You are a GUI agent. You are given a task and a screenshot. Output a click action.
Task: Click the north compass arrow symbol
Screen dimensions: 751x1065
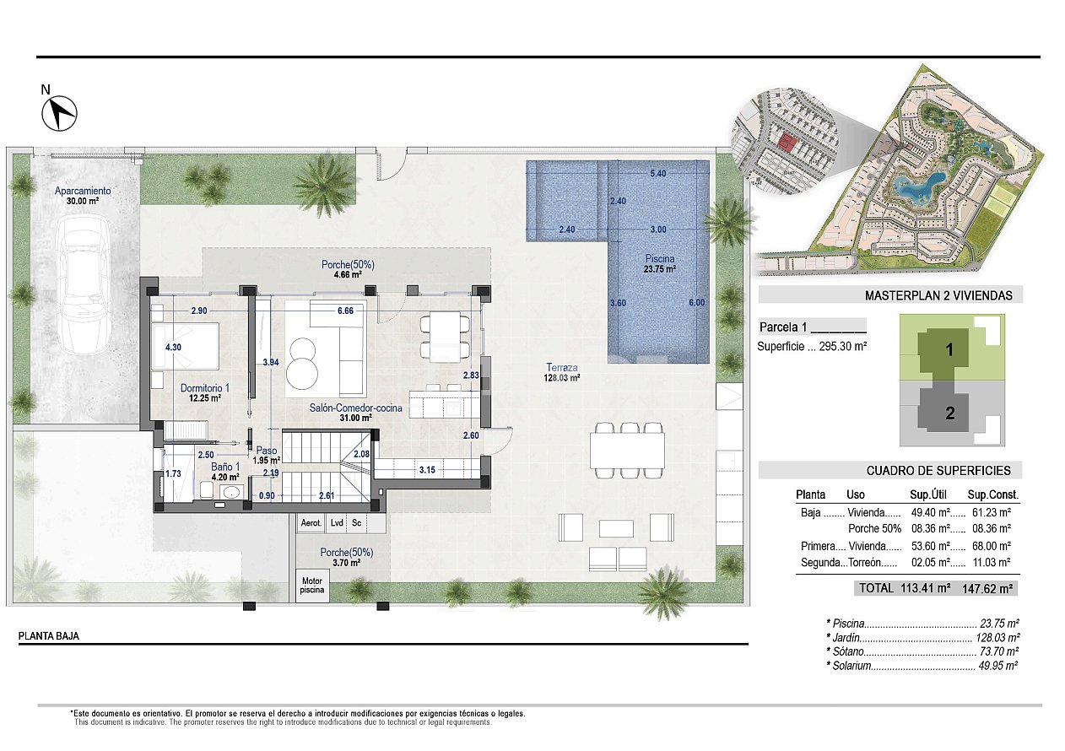click(59, 113)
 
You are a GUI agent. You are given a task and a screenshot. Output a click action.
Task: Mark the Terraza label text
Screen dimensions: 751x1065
click(561, 367)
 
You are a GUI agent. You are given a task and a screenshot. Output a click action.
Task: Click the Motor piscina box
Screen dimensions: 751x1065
click(312, 585)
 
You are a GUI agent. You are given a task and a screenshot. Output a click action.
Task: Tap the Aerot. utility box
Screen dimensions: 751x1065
click(311, 523)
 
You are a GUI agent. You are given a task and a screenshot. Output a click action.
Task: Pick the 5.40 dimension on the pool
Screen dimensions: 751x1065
click(658, 174)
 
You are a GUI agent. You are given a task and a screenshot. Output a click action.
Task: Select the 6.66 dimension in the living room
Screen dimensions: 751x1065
click(344, 311)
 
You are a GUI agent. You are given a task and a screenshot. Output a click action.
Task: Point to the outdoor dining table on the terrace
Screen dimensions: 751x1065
click(626, 450)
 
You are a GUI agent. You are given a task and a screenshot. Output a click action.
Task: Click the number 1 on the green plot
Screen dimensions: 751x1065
click(949, 350)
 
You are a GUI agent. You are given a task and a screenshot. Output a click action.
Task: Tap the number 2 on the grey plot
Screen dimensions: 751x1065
click(949, 413)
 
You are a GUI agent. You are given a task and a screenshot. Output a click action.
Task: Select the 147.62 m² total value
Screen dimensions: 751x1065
click(987, 588)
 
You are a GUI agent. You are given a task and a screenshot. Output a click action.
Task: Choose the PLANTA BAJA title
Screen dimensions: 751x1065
click(49, 637)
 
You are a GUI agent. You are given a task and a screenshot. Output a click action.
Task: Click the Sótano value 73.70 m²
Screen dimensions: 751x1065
click(999, 651)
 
